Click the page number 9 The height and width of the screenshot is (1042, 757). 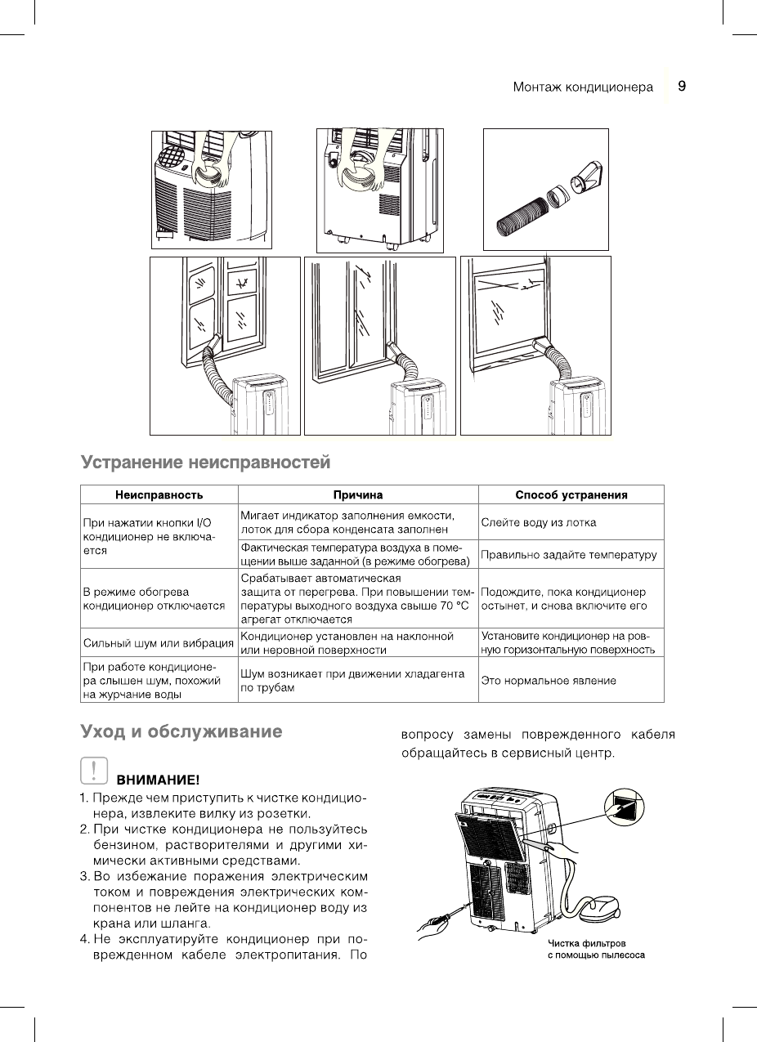[681, 86]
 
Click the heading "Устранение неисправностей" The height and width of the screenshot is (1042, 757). [205, 463]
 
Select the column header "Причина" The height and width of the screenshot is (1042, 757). [358, 494]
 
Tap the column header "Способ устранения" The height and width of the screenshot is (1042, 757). [571, 494]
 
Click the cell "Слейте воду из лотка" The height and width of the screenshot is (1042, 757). [539, 522]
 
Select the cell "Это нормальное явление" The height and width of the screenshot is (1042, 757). [549, 680]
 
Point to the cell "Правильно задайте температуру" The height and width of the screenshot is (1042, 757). [570, 555]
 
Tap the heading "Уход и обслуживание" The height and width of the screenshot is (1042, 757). [181, 731]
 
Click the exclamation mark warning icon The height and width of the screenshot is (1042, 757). [95, 770]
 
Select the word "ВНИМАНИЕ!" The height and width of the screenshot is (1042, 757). [159, 780]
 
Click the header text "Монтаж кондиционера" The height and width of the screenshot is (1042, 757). [583, 87]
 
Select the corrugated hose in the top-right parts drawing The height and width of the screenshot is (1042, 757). [519, 215]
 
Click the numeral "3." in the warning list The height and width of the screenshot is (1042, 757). [85, 877]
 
